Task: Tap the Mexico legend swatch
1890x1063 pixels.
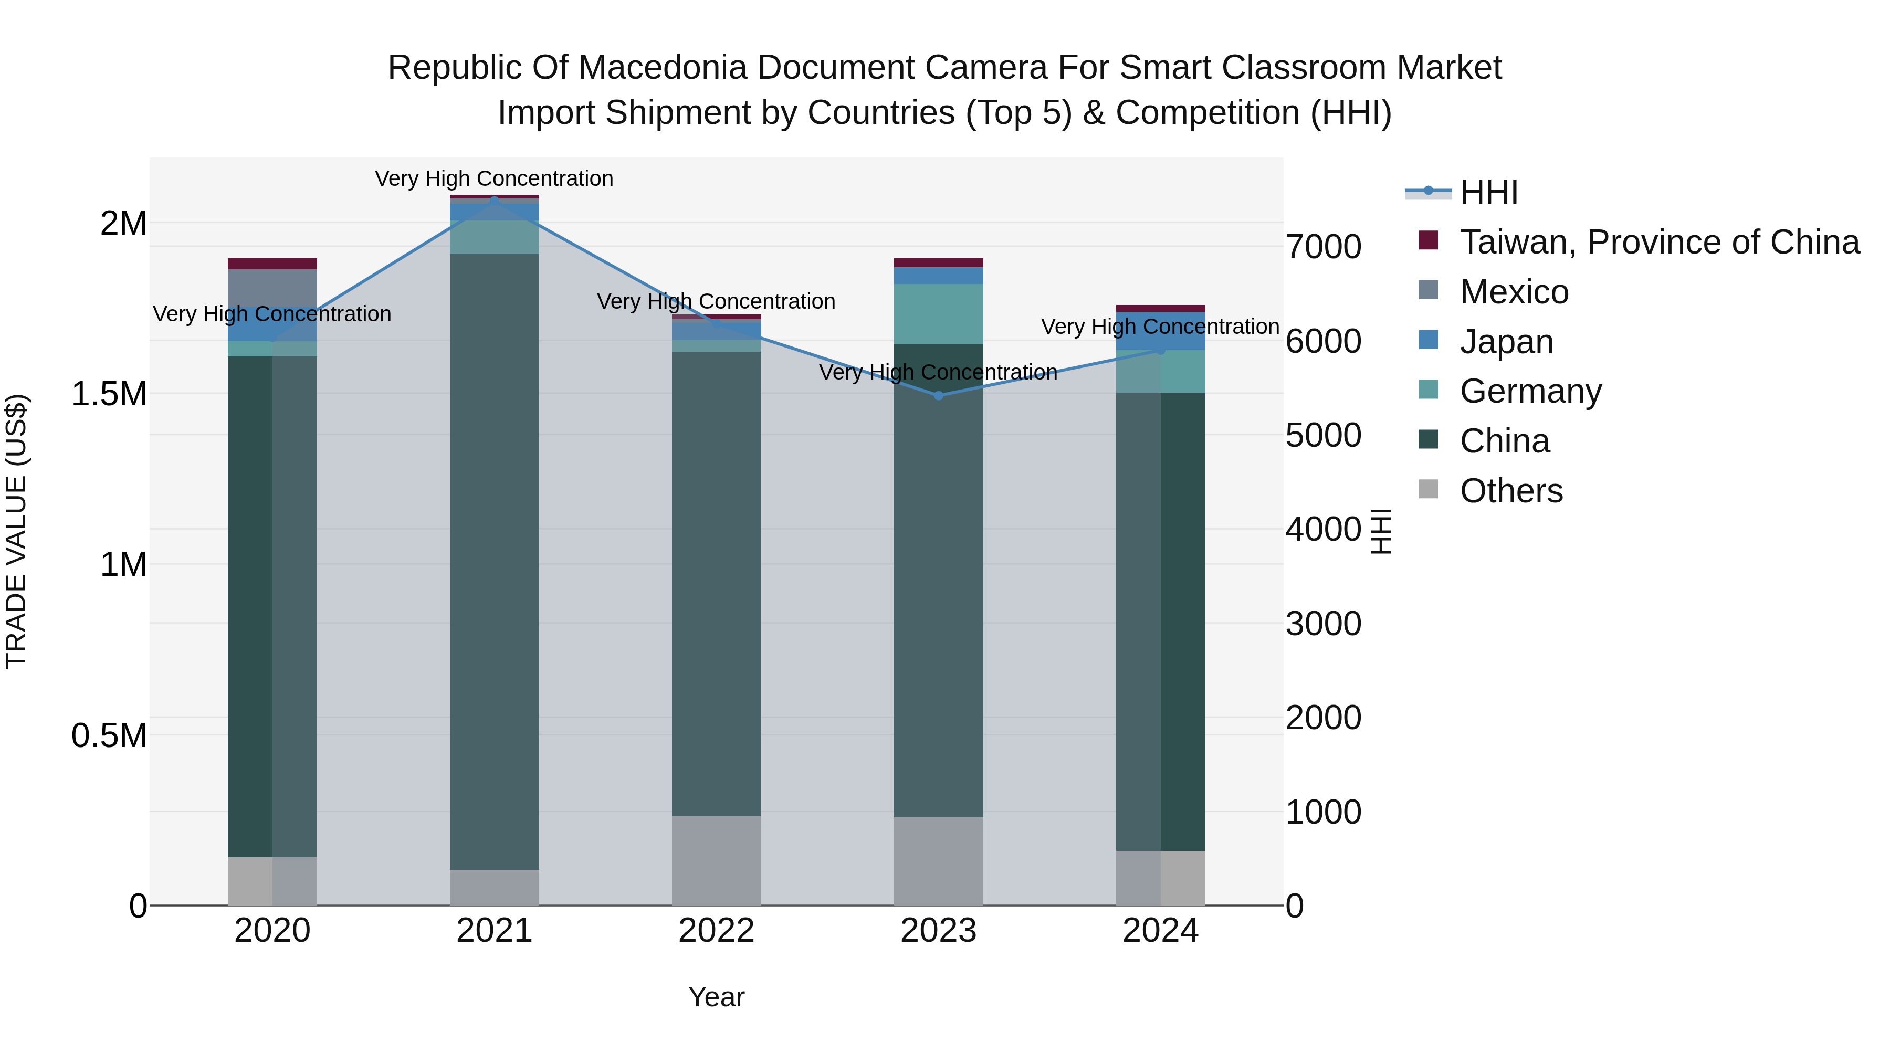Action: [1428, 290]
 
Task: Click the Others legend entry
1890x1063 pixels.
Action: [1510, 491]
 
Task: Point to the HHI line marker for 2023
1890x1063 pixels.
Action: [938, 395]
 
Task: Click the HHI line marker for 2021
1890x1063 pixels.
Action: [494, 199]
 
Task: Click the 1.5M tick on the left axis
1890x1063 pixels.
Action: [109, 394]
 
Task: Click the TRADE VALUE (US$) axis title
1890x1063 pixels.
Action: [16, 531]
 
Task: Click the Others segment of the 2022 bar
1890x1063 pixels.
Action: [716, 860]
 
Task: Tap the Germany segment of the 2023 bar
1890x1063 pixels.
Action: [938, 314]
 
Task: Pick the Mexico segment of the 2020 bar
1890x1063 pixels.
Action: [272, 288]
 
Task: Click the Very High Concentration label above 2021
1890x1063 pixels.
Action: [494, 179]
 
